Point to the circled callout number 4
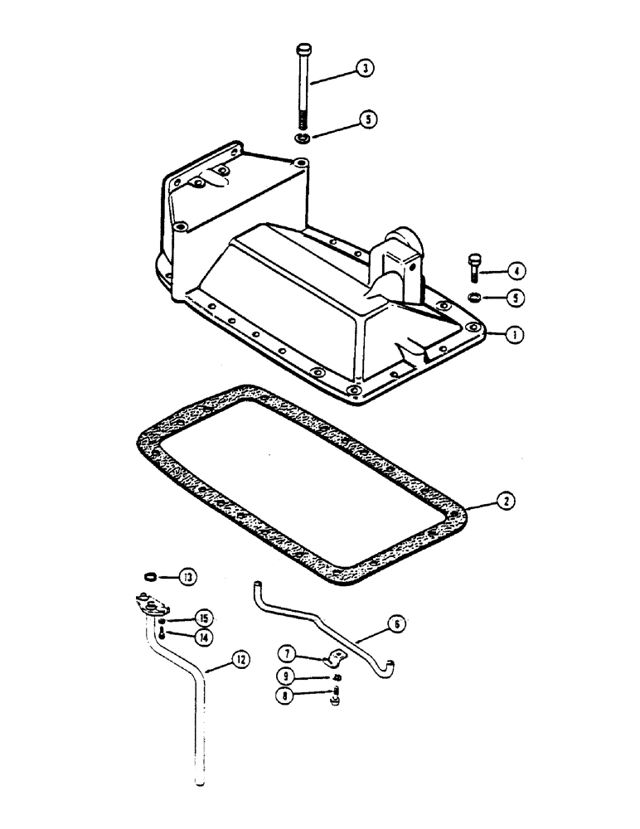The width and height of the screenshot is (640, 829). click(x=516, y=270)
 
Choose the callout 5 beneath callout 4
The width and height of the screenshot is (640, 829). click(x=516, y=296)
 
